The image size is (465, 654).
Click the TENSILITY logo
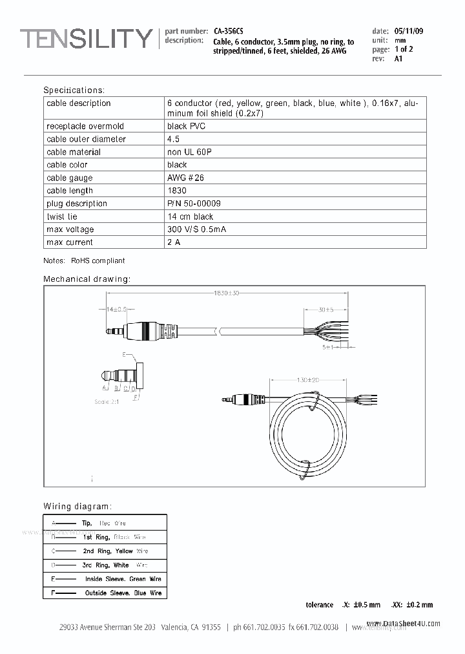point(86,40)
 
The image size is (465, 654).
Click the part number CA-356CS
point(229,30)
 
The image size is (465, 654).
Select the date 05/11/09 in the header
point(409,31)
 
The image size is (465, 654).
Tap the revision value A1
point(398,59)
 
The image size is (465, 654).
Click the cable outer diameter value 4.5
point(173,139)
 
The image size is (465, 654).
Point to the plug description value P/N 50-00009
point(194,204)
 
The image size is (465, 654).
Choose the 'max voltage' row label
point(70,229)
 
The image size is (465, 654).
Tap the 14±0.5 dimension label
point(117,310)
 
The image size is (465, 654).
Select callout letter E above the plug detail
point(124,355)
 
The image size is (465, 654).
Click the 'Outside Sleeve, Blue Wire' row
point(123,593)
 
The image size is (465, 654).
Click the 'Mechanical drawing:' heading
point(87,279)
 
